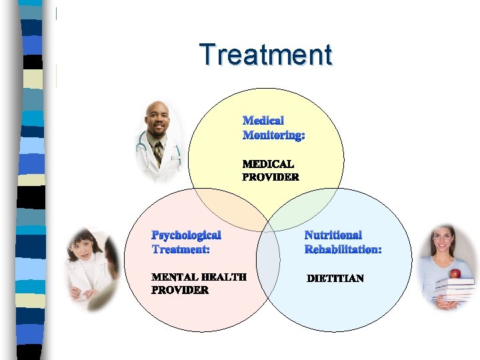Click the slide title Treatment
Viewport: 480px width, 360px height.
coord(265,55)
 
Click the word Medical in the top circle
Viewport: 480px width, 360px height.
coord(263,121)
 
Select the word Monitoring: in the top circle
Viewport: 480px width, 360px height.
coord(273,135)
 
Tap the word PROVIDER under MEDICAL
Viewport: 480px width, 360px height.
coord(270,177)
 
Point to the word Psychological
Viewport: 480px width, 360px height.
coord(186,235)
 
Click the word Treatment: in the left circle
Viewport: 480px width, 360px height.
coord(181,249)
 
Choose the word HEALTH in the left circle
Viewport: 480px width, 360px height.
coord(223,277)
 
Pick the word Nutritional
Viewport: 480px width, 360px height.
coord(333,235)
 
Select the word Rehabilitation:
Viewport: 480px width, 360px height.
coord(343,249)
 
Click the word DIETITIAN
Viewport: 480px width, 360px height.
coord(335,278)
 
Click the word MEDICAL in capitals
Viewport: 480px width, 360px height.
coord(268,163)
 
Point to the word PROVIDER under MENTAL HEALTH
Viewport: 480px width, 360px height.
coord(179,291)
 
